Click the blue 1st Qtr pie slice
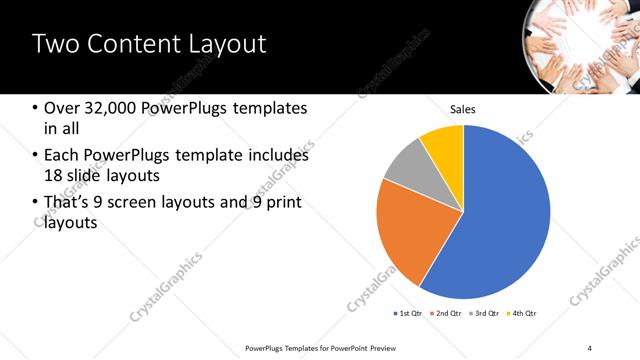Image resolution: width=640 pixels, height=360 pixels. (x=500, y=220)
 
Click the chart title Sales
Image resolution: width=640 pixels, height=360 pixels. (x=463, y=109)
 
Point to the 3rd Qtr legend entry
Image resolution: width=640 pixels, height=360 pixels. (x=484, y=314)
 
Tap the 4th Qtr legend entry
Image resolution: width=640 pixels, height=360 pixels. (x=521, y=314)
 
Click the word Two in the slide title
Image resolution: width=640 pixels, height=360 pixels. (x=57, y=45)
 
